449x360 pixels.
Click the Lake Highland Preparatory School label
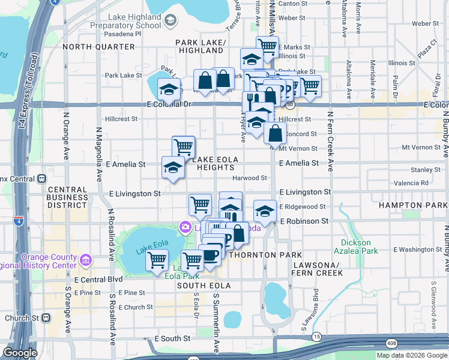(126, 22)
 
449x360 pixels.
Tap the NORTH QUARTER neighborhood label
(98, 46)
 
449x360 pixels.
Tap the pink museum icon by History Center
(85, 261)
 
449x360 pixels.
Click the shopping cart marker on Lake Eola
(157, 261)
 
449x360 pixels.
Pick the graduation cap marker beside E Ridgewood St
(265, 210)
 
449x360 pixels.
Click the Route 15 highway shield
(316, 337)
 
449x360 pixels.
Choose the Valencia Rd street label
(411, 183)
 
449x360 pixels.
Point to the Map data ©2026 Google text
(412, 355)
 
